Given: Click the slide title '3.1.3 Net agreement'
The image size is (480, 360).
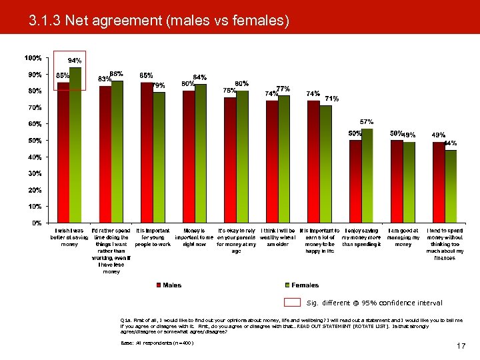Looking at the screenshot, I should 159,21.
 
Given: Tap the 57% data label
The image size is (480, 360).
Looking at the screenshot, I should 367,122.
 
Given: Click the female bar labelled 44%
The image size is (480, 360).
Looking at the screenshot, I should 451,186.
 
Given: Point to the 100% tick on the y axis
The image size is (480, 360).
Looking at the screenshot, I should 33,58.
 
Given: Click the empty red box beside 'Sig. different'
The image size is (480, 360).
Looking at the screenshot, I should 292,303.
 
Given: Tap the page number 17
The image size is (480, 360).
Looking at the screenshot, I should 461,345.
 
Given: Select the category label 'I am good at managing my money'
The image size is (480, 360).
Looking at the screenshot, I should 403,237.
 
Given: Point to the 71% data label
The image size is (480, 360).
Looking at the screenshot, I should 331,99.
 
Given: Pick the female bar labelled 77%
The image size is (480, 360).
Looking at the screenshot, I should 284,159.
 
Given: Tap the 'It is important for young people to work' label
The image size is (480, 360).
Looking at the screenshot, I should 153,237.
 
